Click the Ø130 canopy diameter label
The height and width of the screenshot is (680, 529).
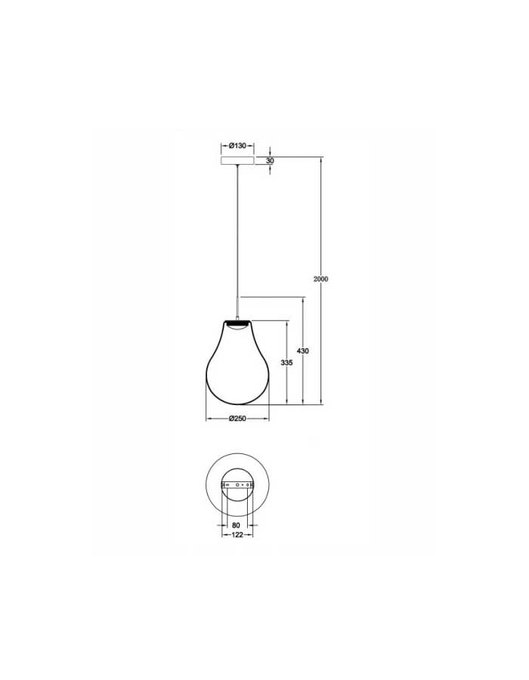(x=237, y=146)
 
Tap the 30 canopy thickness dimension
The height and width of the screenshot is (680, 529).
(x=270, y=160)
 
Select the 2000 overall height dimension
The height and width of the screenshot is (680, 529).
(x=321, y=279)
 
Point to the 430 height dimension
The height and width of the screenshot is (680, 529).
(x=302, y=351)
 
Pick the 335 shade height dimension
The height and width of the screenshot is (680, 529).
(x=286, y=363)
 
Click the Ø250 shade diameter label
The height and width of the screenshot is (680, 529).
(x=237, y=419)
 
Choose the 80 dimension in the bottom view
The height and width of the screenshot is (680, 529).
(x=236, y=525)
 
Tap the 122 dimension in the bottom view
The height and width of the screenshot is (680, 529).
(x=237, y=535)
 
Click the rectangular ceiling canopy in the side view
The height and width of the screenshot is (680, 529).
(x=237, y=161)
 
